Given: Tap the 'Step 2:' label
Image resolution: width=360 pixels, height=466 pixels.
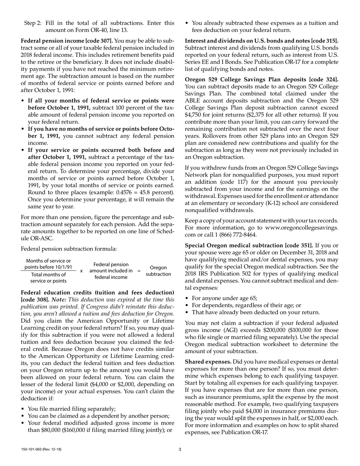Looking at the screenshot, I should (33, 23).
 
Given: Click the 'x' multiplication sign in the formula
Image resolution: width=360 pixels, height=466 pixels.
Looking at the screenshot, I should (81, 271).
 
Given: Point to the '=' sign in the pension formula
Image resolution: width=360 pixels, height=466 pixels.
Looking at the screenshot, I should (139, 271).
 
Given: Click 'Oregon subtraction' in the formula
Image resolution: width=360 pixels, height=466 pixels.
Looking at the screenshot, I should (158, 271).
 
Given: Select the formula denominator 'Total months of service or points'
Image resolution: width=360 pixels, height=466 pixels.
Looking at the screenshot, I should (48, 278).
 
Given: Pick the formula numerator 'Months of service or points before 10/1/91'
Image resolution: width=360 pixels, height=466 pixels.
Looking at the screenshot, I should (48, 264).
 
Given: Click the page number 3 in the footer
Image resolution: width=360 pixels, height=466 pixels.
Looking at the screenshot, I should (180, 449).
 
